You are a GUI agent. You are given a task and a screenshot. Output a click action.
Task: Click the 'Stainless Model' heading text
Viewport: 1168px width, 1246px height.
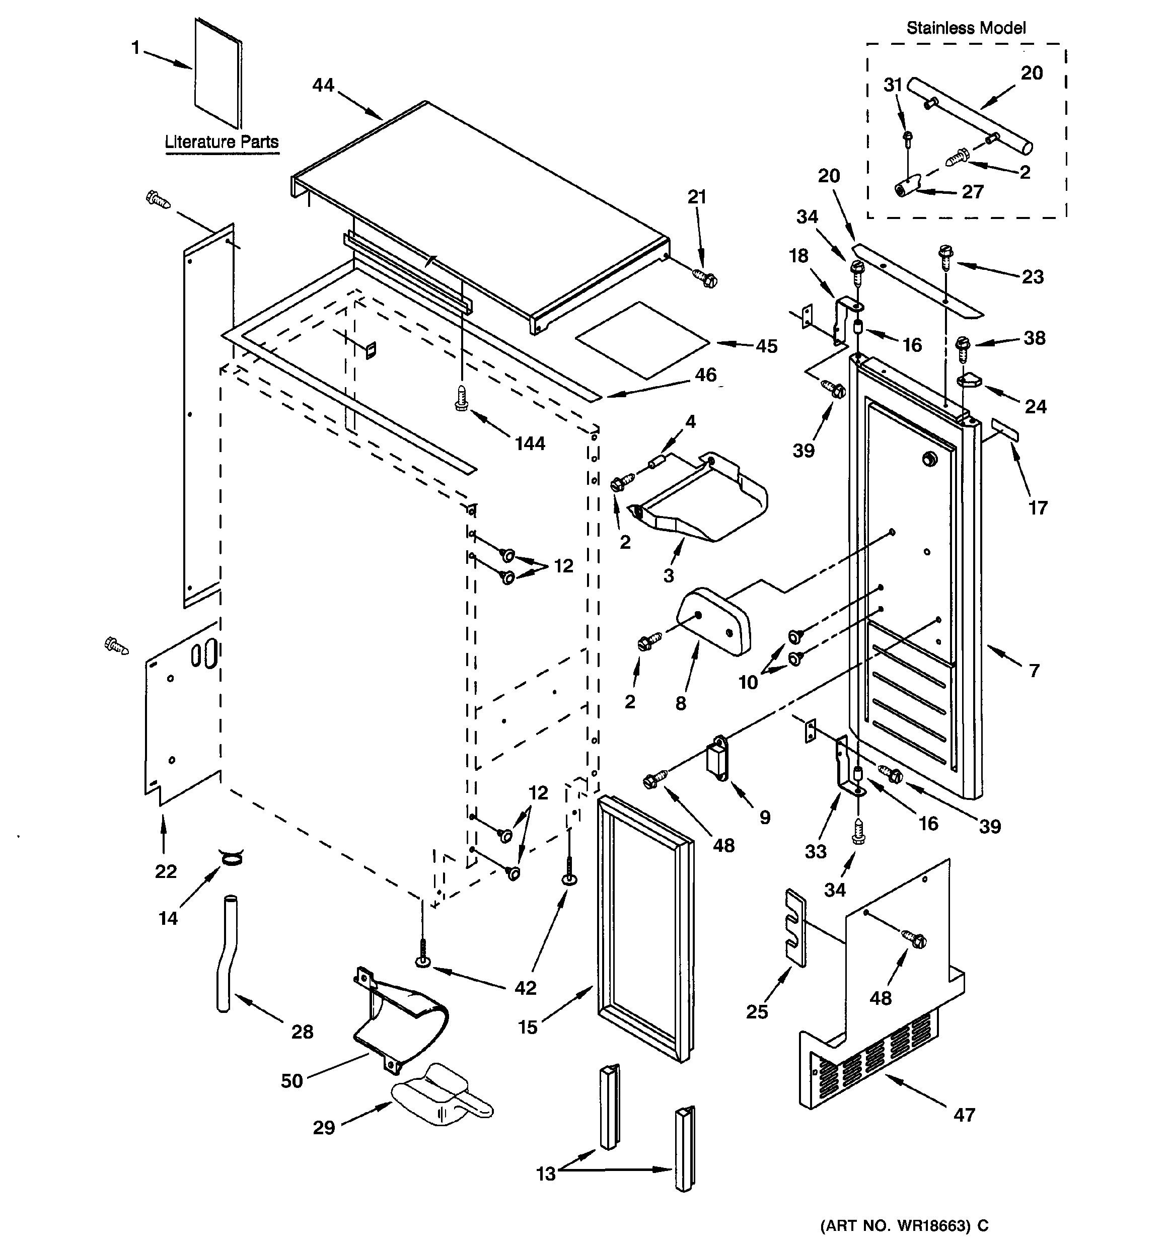tap(966, 28)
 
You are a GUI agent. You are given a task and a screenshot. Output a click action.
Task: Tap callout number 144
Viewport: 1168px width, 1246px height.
tap(530, 444)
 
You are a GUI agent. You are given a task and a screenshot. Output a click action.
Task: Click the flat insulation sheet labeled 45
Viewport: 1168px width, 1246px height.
tap(642, 340)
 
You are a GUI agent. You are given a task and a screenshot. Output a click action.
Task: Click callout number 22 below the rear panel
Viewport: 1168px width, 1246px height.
tap(166, 871)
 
